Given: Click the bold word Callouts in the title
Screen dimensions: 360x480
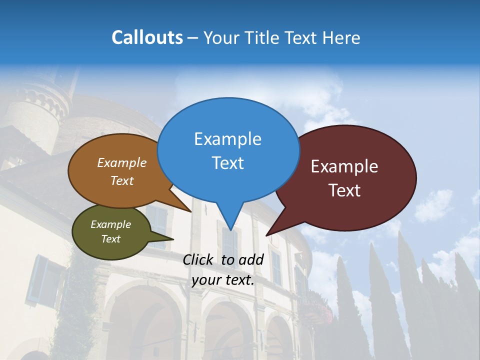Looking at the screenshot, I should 147,37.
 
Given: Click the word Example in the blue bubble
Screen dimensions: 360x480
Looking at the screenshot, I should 228,139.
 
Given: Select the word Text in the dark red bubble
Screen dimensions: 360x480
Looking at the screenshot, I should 345,190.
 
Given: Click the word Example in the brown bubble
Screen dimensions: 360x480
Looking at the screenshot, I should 122,162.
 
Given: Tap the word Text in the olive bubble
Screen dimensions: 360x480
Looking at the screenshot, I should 111,239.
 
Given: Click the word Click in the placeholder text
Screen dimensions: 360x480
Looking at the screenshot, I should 198,259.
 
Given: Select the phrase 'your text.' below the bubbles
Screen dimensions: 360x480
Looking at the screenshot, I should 223,279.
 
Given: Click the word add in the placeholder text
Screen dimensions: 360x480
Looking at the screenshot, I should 251,259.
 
